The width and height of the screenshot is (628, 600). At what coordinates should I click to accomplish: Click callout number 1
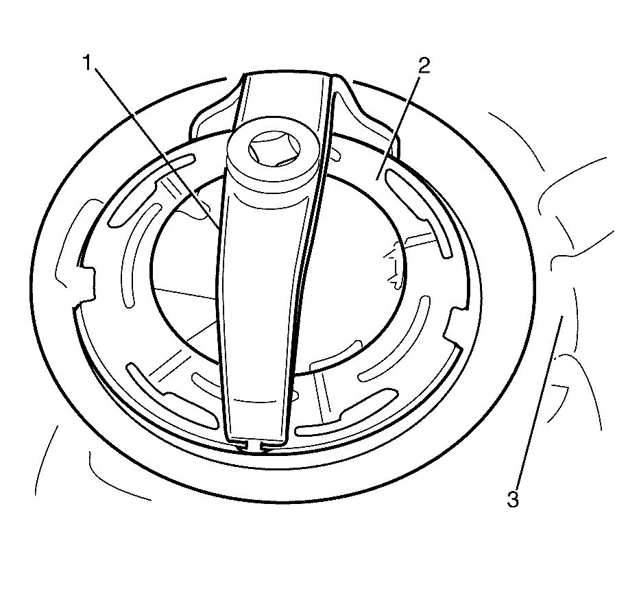88,63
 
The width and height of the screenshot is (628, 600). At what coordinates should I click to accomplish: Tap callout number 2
424,65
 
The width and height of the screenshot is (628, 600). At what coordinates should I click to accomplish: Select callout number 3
513,499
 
